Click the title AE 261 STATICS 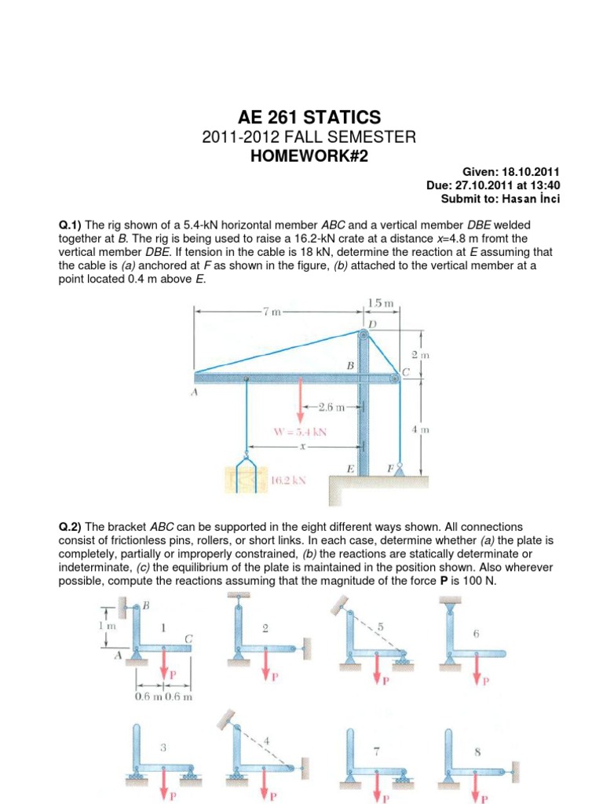click(x=309, y=118)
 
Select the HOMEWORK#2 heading click(x=309, y=156)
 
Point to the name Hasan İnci click(x=531, y=199)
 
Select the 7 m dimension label click(x=272, y=311)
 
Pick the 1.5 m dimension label click(x=381, y=303)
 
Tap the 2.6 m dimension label click(x=331, y=407)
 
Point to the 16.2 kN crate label click(x=288, y=481)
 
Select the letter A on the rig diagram click(x=194, y=393)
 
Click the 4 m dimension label click(x=421, y=429)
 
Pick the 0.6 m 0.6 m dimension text click(x=163, y=697)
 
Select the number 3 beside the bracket click(x=163, y=747)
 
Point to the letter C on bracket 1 click(x=188, y=638)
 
